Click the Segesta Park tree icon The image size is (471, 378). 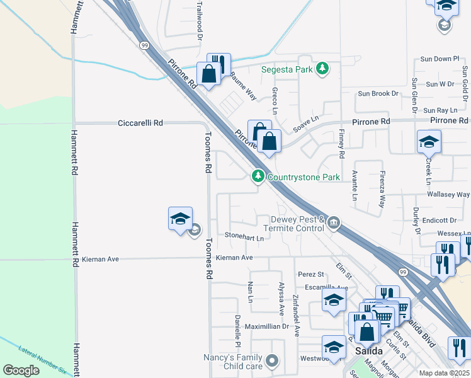[322, 68]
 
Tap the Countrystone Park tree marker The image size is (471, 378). [258, 177]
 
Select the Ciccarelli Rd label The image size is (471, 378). [140, 123]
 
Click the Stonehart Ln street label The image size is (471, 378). [244, 237]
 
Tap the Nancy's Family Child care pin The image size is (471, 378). [272, 361]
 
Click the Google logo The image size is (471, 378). [21, 370]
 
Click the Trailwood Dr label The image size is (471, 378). [200, 21]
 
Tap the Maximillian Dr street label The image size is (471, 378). [266, 326]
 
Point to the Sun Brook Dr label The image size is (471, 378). [378, 93]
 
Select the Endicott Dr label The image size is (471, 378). [439, 220]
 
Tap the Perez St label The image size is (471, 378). [310, 274]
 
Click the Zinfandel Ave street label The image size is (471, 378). [297, 315]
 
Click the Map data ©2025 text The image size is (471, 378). [445, 373]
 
